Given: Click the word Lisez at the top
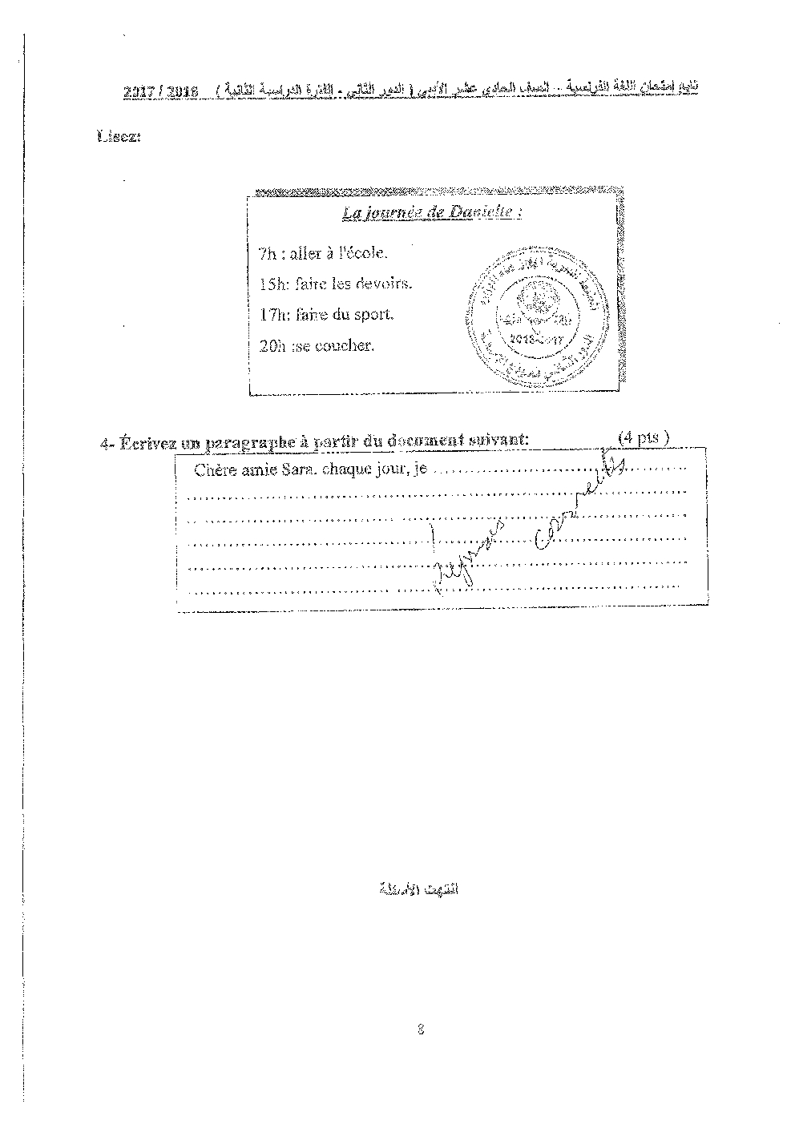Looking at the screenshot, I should (119, 137).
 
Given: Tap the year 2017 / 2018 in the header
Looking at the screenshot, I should (161, 93).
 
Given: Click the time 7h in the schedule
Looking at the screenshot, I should (268, 254).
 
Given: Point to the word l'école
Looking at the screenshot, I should (364, 254).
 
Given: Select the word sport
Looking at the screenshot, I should (375, 314).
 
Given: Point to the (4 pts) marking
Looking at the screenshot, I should (644, 437).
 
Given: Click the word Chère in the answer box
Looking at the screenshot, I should (213, 470).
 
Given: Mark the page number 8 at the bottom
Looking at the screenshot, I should (421, 1030).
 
